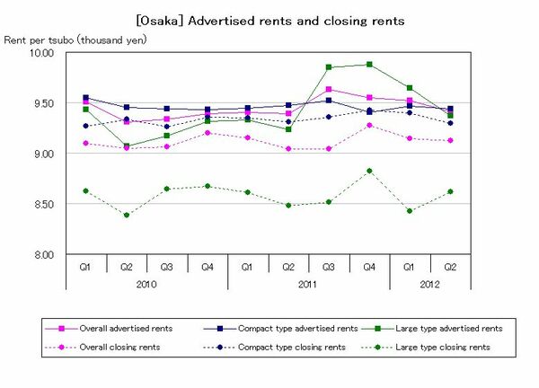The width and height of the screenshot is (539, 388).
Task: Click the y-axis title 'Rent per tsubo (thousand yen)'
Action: click(x=75, y=40)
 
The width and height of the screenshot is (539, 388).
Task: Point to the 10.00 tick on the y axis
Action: click(x=43, y=53)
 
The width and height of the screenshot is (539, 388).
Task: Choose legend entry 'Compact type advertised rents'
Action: click(x=285, y=328)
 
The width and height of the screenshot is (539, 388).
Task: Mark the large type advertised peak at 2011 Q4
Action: click(x=368, y=64)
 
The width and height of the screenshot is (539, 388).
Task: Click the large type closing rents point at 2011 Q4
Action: click(x=368, y=170)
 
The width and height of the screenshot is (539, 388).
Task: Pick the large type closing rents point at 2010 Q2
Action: click(x=127, y=215)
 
